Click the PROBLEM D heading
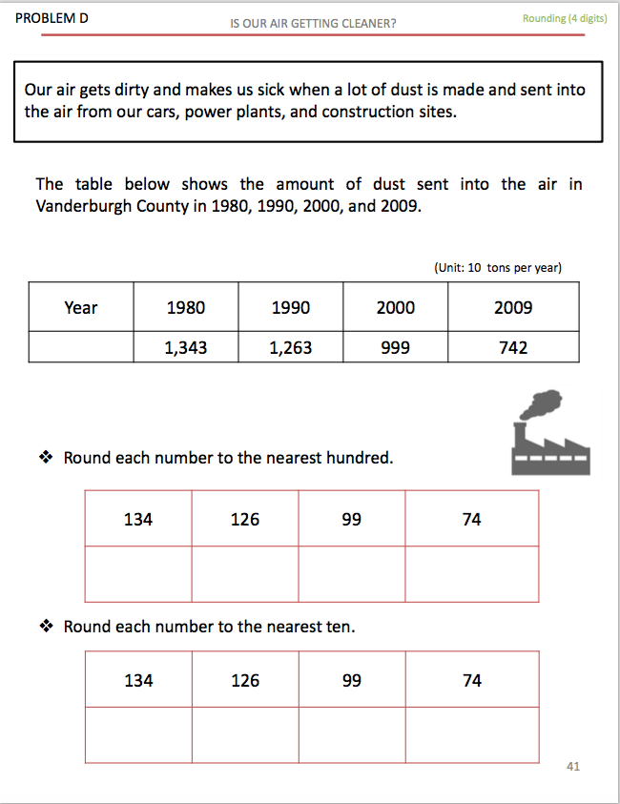point(52,18)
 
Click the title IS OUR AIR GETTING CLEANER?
point(313,23)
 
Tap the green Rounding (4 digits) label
point(565,18)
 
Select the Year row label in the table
point(81,307)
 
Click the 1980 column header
point(185,307)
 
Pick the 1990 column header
point(291,307)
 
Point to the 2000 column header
point(396,307)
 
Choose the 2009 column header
point(513,307)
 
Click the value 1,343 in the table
point(185,348)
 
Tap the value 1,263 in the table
point(291,348)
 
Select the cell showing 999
point(396,348)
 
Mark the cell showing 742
point(513,348)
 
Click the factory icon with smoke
point(549,433)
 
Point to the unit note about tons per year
point(497,268)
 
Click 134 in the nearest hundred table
point(138,520)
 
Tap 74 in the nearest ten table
point(472,681)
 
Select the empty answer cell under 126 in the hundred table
point(245,573)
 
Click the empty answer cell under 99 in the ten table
point(352,734)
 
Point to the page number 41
point(573,766)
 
